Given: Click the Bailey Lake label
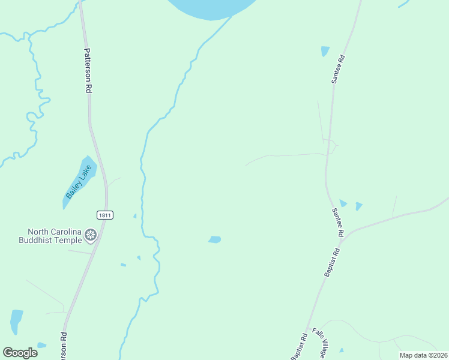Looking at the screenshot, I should [77, 182].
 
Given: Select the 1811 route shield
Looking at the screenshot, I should [104, 215].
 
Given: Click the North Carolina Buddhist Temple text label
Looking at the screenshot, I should [54, 236].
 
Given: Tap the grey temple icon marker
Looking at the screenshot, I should [91, 235].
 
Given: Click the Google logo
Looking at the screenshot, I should [20, 352].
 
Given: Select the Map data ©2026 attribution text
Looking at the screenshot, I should [423, 355].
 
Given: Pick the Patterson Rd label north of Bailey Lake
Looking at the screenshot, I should [88, 70].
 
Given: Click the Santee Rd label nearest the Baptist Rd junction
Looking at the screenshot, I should [338, 221].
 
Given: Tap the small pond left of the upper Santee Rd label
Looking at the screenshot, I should [325, 51].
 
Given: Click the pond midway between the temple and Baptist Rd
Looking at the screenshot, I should [214, 239].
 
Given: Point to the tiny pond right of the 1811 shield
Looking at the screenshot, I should [135, 215].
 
